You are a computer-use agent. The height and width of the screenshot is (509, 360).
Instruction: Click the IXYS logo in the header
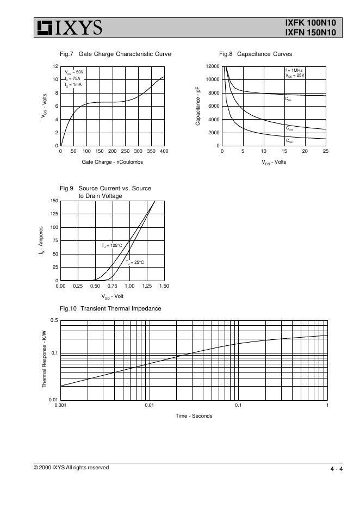tap(69, 27)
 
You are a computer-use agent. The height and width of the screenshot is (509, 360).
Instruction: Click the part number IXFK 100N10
tap(311, 23)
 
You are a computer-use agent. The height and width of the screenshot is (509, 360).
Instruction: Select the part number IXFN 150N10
tap(311, 33)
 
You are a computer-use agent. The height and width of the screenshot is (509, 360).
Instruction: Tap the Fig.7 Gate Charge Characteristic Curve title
tap(115, 54)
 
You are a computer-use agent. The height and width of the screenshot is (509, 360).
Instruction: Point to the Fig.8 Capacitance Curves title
tap(256, 54)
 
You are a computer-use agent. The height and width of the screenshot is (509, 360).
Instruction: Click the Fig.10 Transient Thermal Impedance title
tap(110, 308)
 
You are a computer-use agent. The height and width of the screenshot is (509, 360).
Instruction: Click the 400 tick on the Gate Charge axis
tap(164, 151)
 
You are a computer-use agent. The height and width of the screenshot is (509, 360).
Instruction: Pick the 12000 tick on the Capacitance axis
tap(212, 66)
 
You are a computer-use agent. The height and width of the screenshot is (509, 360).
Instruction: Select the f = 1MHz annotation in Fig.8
tap(294, 71)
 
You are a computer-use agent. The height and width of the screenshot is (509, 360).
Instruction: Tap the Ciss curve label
tap(288, 100)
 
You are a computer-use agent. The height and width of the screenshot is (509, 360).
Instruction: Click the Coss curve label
tap(289, 129)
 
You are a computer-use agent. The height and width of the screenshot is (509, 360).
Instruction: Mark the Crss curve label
tap(289, 141)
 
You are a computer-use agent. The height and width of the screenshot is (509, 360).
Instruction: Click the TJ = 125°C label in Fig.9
tap(111, 246)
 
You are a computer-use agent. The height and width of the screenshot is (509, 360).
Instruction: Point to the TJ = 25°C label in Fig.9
tap(135, 262)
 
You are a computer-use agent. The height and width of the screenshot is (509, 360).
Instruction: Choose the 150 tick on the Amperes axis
tap(54, 201)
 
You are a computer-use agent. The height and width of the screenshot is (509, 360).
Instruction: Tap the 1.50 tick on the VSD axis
tap(164, 286)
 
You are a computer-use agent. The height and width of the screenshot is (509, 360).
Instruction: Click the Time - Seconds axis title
tap(194, 416)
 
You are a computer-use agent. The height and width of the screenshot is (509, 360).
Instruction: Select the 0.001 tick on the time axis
tap(60, 406)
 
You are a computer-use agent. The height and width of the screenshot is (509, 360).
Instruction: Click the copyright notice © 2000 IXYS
tap(71, 468)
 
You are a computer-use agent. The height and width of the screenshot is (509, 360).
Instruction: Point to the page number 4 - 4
tap(336, 469)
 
